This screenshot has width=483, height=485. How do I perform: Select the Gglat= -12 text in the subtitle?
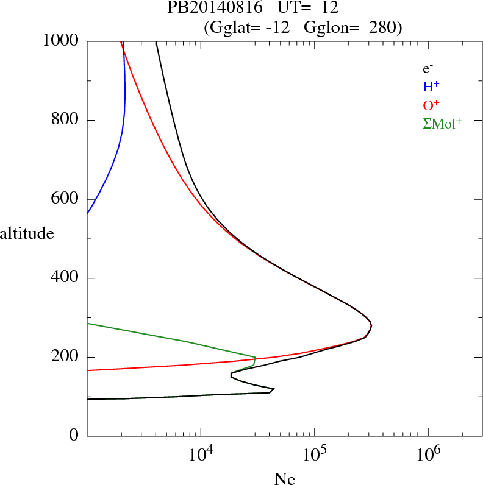(x=250, y=27)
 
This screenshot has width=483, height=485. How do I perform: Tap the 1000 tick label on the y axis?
(x=61, y=41)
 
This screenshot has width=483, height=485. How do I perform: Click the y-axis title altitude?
(x=27, y=233)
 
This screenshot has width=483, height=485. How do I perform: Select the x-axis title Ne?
(x=285, y=479)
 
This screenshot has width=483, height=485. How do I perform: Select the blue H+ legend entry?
(x=431, y=87)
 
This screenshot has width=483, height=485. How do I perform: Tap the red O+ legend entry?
(x=431, y=105)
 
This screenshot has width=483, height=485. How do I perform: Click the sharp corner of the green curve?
(x=256, y=357)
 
